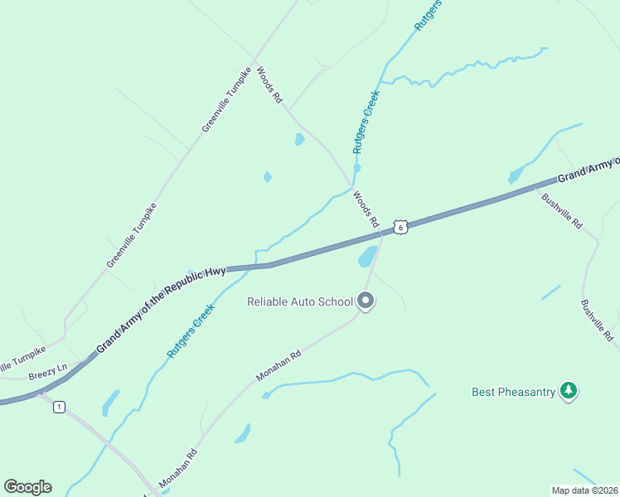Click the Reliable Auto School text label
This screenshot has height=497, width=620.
[300, 302]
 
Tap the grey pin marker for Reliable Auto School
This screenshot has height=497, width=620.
[366, 302]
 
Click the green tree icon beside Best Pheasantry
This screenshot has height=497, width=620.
[568, 390]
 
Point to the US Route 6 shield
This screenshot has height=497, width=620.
[400, 227]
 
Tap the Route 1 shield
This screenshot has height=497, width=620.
[59, 407]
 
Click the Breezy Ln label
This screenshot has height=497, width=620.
[46, 374]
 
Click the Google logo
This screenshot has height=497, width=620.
[27, 487]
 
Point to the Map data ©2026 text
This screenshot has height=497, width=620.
[584, 490]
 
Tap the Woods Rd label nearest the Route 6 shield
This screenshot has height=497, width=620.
[366, 210]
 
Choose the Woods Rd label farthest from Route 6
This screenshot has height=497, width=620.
[270, 84]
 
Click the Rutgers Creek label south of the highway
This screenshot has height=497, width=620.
[191, 330]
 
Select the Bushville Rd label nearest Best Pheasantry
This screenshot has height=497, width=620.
[597, 321]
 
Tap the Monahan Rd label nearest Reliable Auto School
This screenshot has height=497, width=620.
[278, 364]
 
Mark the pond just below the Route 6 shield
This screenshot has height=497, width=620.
[367, 257]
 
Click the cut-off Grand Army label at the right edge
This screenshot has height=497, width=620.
[588, 171]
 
